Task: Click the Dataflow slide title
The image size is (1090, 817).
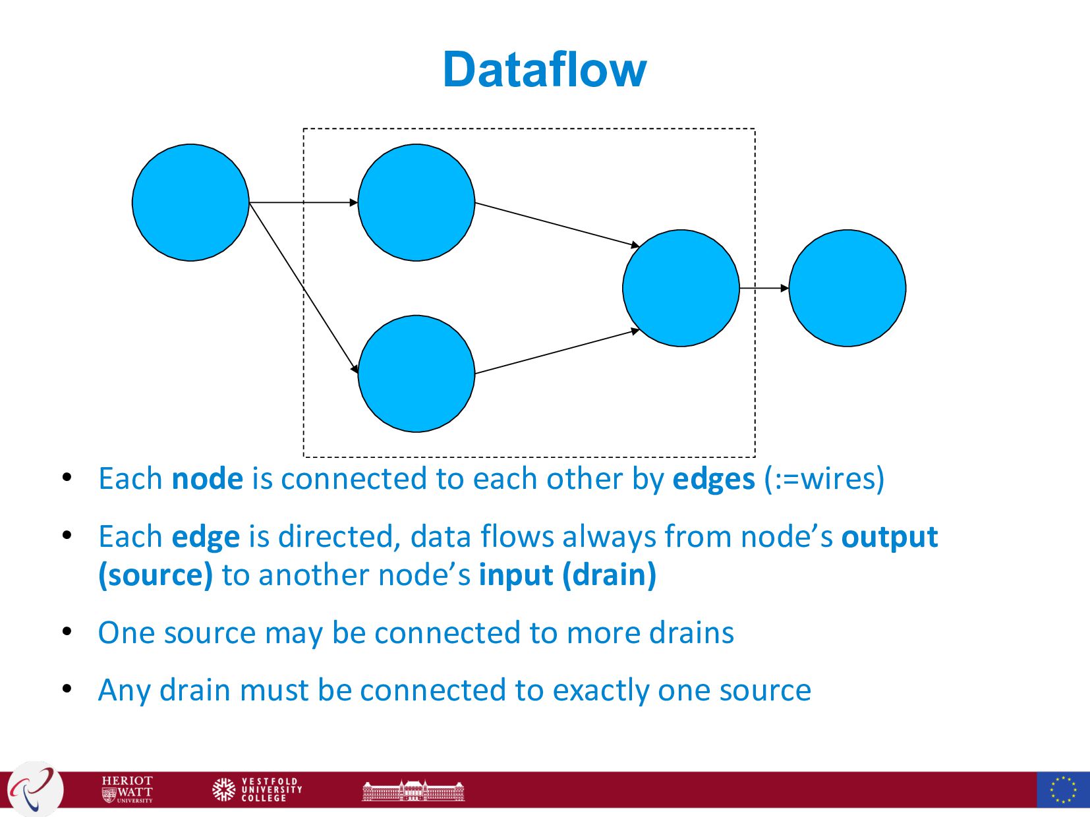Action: [544, 70]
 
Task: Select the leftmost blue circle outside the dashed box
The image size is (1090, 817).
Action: [190, 202]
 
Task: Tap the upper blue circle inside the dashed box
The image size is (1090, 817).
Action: [416, 202]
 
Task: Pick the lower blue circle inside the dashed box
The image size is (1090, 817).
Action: [416, 374]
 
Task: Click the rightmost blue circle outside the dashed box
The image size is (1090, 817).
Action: [847, 288]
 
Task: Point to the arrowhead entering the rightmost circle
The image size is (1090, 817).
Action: [784, 288]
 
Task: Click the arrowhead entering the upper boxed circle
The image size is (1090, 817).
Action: [353, 202]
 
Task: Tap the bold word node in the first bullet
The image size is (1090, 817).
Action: [207, 479]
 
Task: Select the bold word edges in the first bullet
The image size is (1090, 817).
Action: [713, 479]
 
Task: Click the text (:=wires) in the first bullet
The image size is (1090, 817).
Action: [824, 479]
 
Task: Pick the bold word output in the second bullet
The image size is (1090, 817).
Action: [889, 537]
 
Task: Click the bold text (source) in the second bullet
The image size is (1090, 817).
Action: [156, 575]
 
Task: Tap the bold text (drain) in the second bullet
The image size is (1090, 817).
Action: [609, 575]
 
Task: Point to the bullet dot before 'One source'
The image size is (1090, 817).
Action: [67, 632]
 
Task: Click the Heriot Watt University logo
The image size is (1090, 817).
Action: [127, 789]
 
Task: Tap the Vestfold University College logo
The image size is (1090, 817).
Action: [257, 789]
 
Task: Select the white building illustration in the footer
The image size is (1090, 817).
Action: [413, 790]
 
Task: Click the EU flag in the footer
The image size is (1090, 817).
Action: [1062, 789]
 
